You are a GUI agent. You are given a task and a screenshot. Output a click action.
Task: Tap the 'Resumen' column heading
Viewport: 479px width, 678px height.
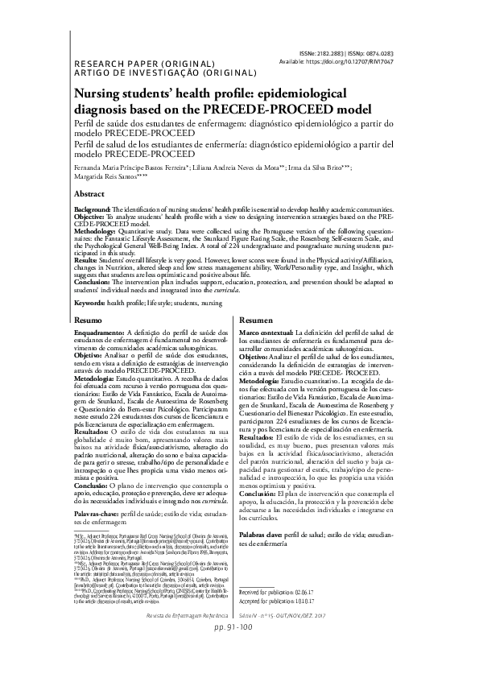pos(257,320)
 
